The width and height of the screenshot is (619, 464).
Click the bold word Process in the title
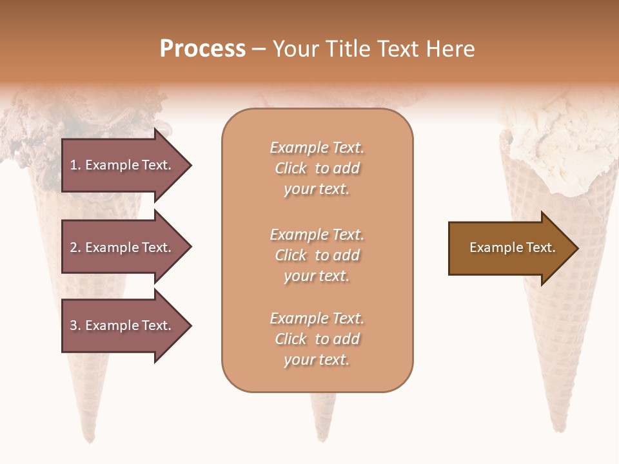click(202, 49)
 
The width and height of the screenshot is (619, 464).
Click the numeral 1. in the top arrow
click(75, 165)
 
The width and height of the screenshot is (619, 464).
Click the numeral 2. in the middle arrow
click(75, 247)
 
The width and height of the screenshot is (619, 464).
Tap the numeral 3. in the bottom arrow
click(75, 325)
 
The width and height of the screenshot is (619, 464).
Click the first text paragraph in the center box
click(317, 168)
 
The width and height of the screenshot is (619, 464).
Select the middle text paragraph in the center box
click(317, 255)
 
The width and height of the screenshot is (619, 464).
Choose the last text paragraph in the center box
click(317, 339)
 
